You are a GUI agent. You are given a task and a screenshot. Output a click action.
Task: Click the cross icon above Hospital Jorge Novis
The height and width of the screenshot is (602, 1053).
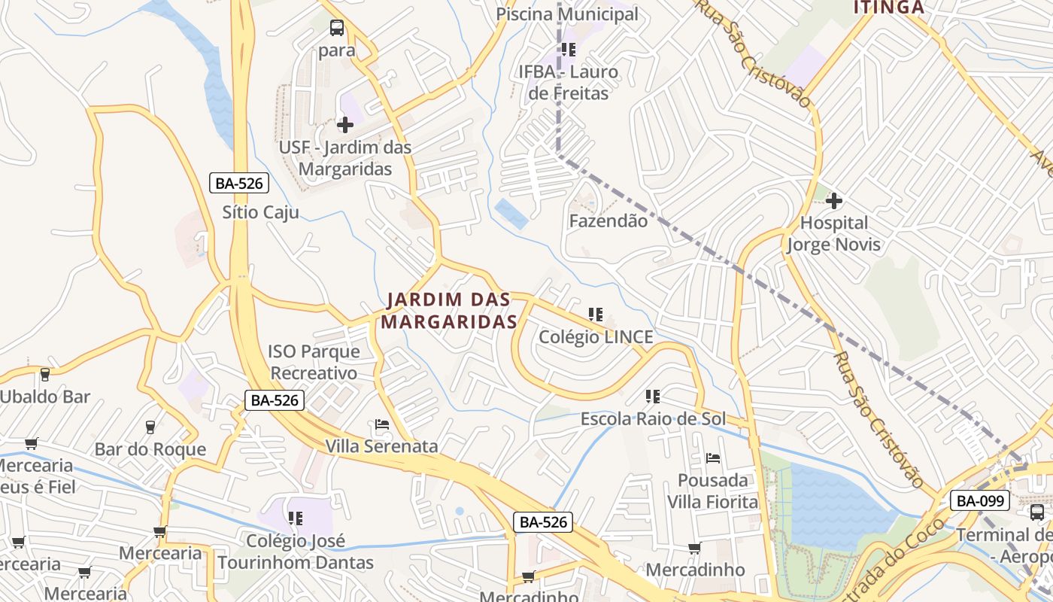click(x=833, y=201)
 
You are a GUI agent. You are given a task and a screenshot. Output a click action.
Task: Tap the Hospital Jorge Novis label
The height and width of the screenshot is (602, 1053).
click(x=833, y=234)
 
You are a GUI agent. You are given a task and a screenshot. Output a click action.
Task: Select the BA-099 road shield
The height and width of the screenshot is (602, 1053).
click(x=979, y=500)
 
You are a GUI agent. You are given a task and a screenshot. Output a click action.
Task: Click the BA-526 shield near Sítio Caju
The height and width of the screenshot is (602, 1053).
click(x=238, y=183)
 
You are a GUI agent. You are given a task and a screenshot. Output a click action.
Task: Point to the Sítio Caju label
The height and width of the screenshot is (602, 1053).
click(x=260, y=212)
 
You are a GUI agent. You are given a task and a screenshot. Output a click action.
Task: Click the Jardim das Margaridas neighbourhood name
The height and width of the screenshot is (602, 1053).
click(x=449, y=311)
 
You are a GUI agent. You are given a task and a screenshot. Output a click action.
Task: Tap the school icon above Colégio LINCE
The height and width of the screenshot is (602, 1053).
click(x=596, y=314)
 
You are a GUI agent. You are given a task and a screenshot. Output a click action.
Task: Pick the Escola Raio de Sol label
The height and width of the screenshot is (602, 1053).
click(x=653, y=419)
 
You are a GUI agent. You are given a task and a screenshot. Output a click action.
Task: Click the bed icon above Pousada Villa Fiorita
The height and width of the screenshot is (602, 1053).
click(x=713, y=458)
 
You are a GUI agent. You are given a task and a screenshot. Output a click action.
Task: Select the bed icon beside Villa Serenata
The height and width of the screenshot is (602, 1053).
click(x=382, y=425)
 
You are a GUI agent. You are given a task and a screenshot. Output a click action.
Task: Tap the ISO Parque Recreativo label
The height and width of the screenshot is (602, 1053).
click(x=314, y=362)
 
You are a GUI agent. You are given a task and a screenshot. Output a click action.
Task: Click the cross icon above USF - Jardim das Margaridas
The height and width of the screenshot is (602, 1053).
click(x=345, y=124)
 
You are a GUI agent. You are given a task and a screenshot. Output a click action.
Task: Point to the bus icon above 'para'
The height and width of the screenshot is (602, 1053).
click(x=337, y=29)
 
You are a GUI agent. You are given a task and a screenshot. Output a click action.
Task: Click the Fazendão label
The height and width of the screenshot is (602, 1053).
click(x=608, y=221)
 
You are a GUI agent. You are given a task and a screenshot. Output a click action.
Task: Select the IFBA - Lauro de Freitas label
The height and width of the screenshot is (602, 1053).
click(x=568, y=83)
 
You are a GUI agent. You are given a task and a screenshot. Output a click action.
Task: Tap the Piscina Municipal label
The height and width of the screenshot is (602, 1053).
click(x=567, y=14)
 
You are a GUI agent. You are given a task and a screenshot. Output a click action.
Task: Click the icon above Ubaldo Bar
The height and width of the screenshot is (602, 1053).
click(x=45, y=374)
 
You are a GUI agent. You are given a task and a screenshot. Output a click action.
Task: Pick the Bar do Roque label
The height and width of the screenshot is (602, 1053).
click(x=150, y=450)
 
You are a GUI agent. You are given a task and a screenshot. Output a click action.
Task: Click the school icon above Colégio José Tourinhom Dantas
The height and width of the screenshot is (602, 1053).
click(x=296, y=518)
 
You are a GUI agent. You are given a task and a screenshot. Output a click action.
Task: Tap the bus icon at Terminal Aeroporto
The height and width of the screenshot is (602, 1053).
click(x=1037, y=512)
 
